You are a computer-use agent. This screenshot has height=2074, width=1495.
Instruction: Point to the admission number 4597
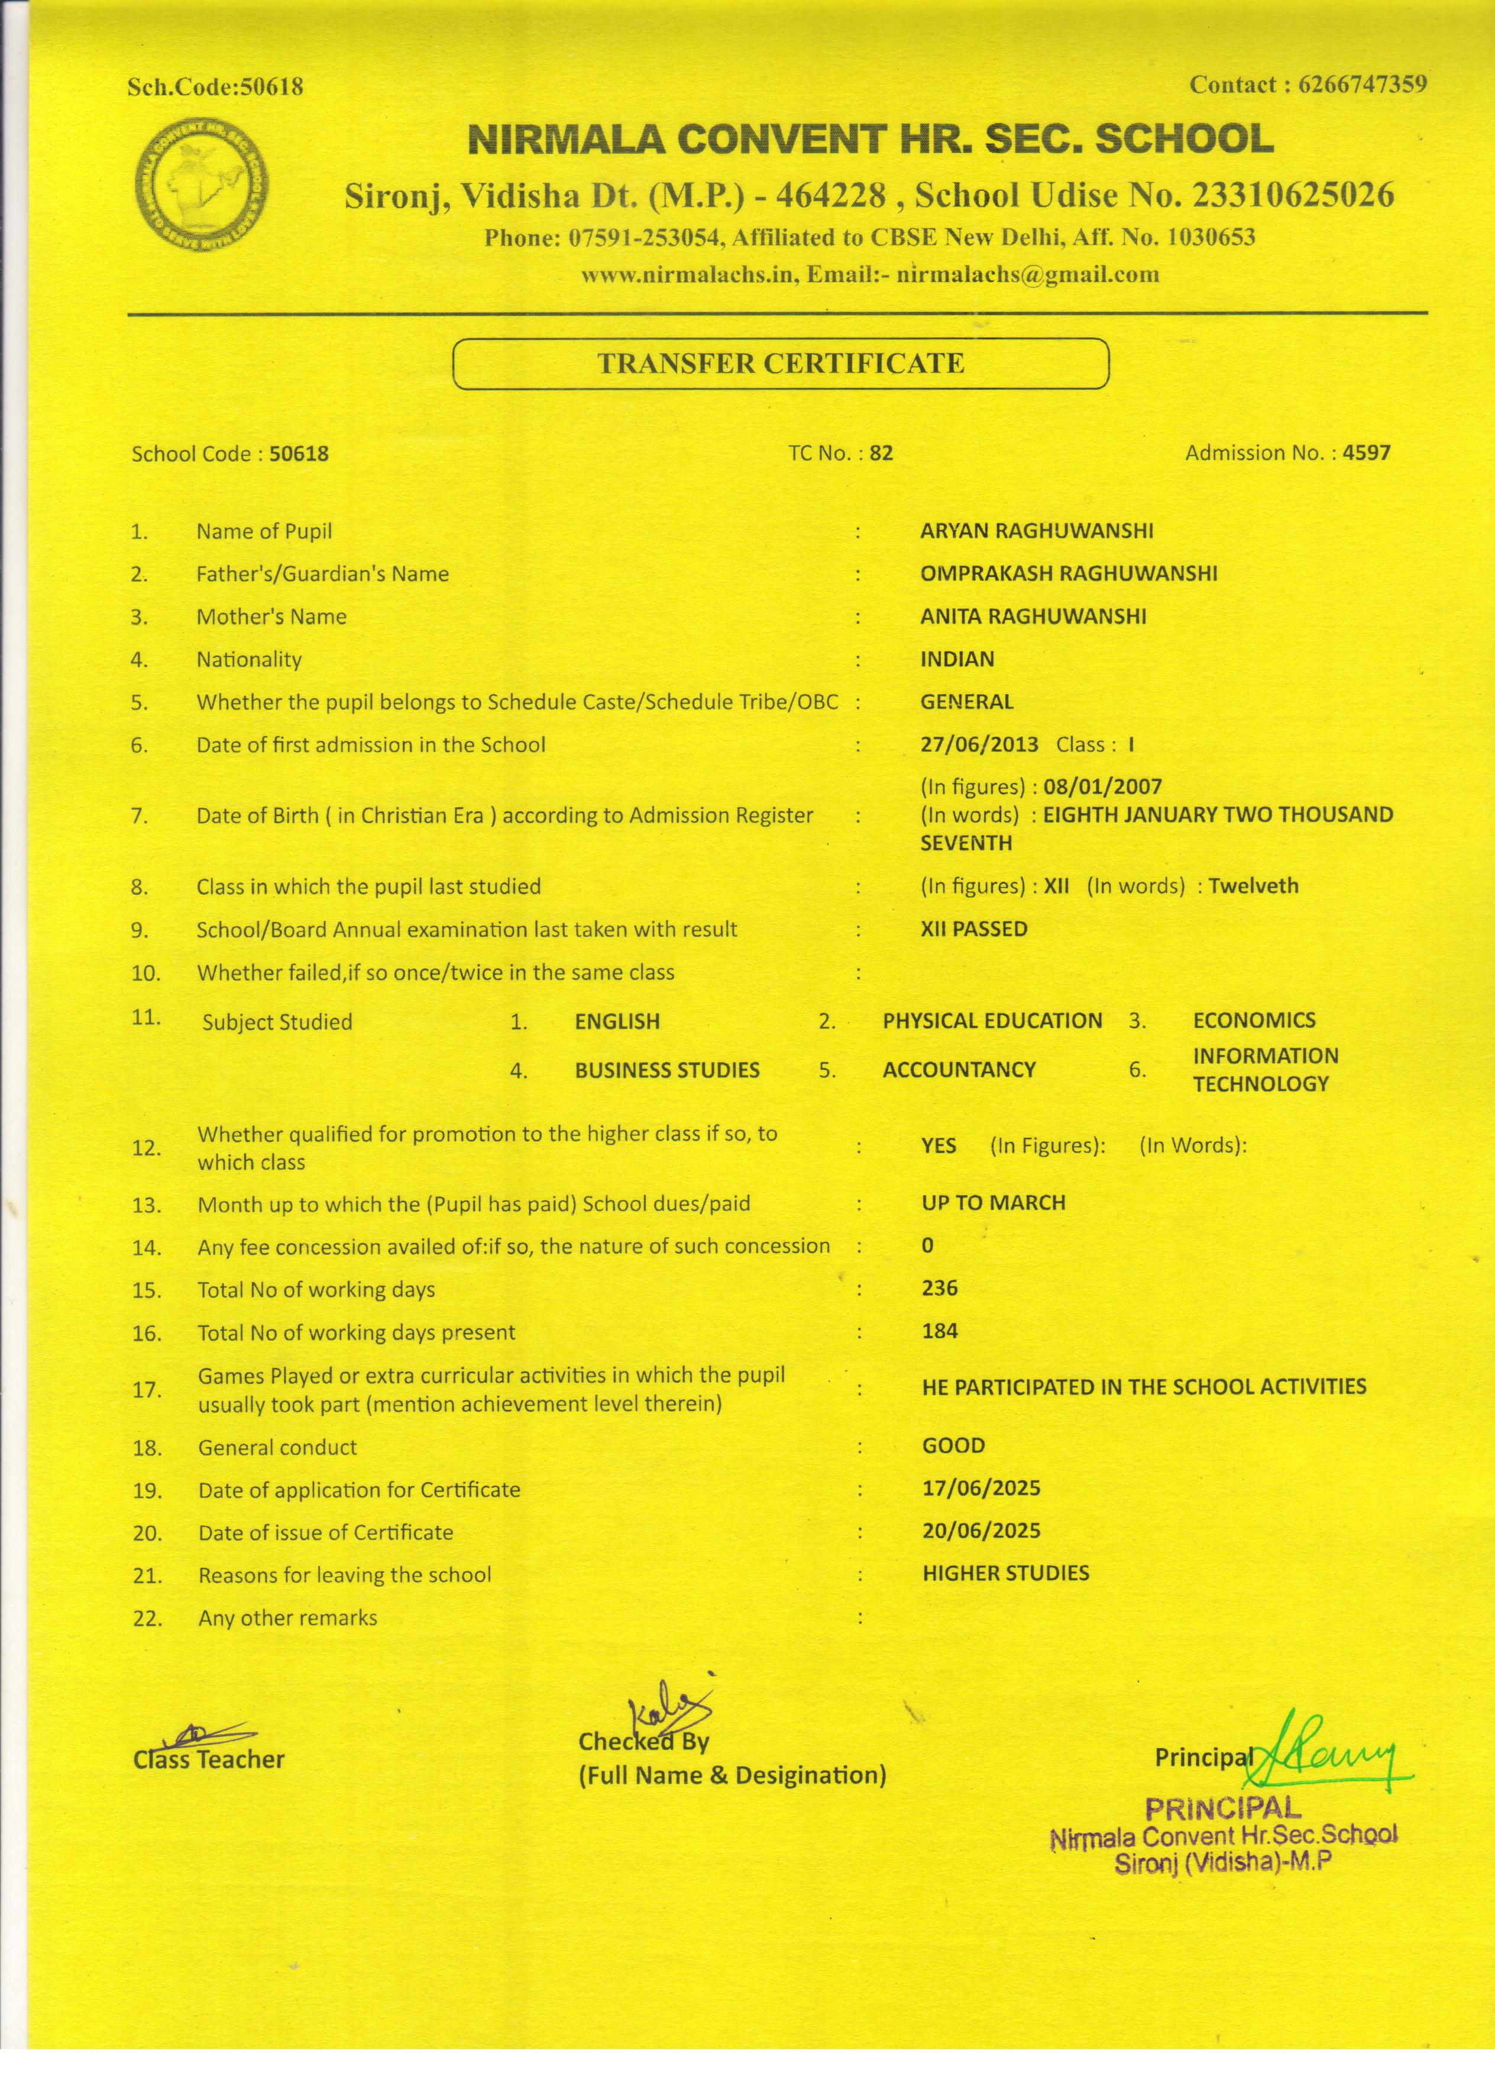[1366, 452]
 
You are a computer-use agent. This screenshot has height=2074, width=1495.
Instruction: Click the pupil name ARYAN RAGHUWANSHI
[1036, 531]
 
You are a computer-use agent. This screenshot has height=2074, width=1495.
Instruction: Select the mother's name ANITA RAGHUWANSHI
[1033, 616]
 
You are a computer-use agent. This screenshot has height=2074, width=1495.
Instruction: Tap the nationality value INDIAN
[956, 659]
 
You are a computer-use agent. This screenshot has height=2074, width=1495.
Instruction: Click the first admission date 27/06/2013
[979, 745]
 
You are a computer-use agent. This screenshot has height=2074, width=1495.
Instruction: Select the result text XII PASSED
[974, 929]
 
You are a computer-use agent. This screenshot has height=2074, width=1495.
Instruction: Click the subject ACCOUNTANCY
[958, 1070]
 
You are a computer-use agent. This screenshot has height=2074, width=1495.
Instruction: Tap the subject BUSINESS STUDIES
[666, 1070]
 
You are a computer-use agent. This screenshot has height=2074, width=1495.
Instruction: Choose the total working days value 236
[940, 1289]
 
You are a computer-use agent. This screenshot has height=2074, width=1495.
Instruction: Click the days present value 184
[940, 1331]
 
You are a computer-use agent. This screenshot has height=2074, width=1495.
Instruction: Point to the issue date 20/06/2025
[981, 1531]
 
